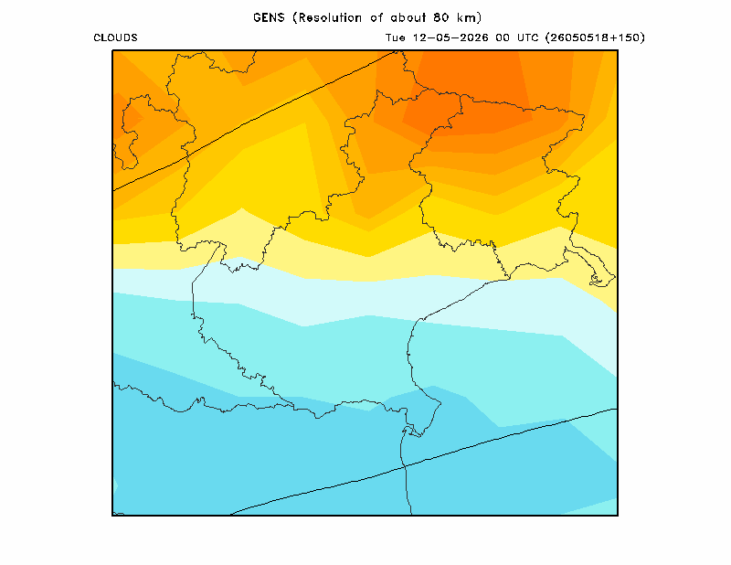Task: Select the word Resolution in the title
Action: point(330,17)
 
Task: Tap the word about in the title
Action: point(408,17)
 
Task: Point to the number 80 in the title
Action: point(441,17)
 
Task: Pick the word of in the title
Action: point(376,17)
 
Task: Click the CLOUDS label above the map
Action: point(116,37)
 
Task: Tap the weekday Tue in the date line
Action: point(396,37)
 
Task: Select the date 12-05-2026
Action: point(450,37)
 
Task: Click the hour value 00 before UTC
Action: point(503,37)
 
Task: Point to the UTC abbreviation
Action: point(528,37)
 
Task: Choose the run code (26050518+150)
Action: point(596,37)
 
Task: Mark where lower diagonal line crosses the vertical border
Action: point(405,466)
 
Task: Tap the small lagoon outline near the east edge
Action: point(597,280)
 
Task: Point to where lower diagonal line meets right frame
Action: point(617,409)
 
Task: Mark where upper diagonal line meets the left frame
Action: point(113,190)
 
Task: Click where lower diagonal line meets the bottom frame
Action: point(231,515)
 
